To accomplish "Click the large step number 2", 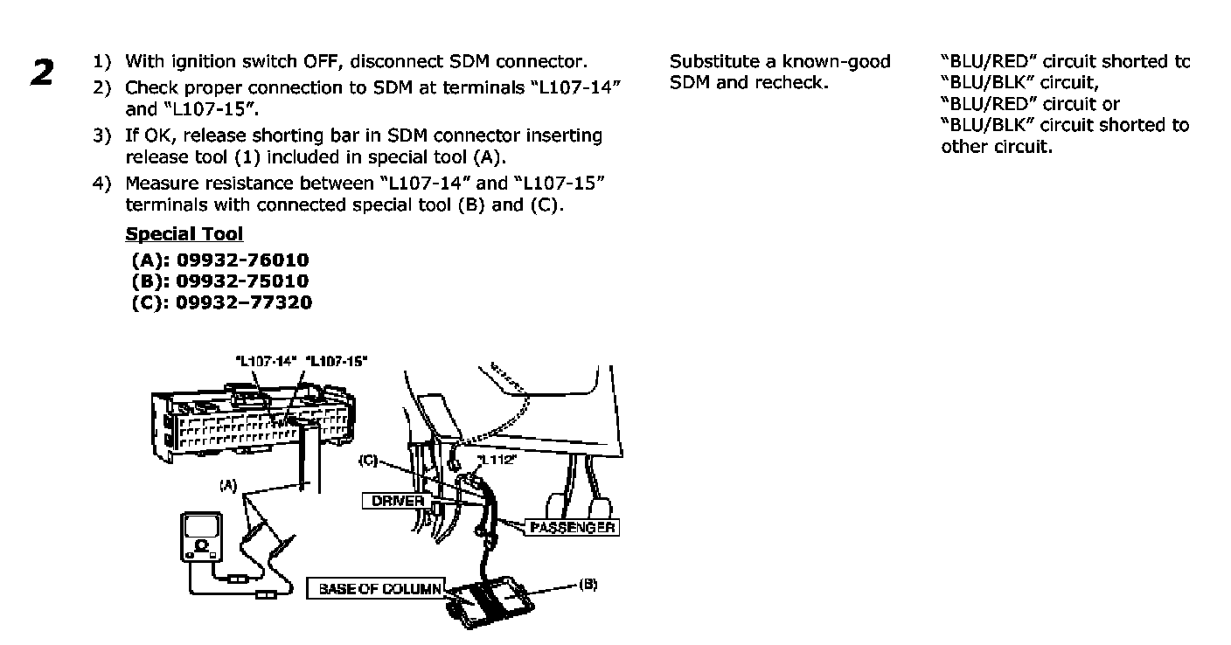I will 43,73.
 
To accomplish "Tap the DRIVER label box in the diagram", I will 398,501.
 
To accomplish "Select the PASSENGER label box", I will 573,528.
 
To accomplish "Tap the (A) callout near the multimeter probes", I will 228,483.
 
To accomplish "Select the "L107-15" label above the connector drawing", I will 338,360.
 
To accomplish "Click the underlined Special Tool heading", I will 184,234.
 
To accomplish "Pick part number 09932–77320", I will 244,302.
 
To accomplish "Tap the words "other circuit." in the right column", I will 997,146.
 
